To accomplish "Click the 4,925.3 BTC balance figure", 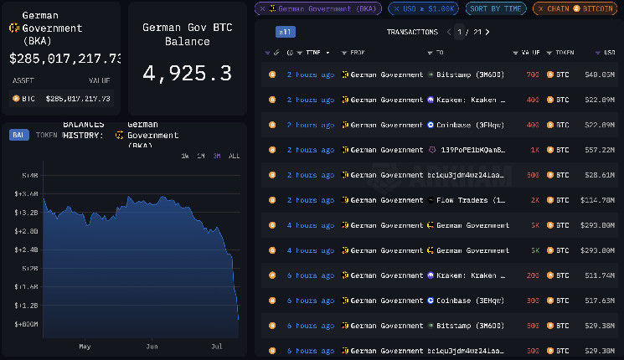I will coord(187,73).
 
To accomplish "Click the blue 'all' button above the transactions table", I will coord(285,32).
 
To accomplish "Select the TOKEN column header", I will coord(561,52).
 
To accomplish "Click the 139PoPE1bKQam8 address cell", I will coord(466,150).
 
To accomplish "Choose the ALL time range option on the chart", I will coord(234,156).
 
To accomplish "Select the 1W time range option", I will coord(185,156).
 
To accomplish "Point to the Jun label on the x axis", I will coord(152,346).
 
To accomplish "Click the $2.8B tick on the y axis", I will coord(28,231).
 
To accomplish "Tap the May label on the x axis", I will coord(85,346).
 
